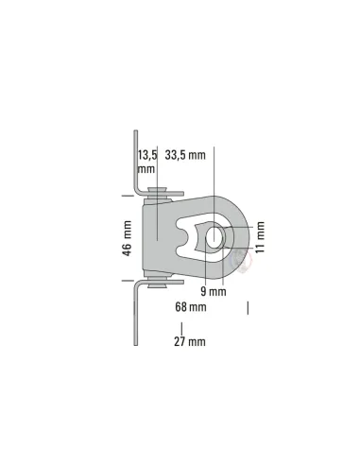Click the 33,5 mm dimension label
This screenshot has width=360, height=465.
point(185,155)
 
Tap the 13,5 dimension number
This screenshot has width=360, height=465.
point(147,155)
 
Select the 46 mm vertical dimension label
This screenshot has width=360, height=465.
point(127,238)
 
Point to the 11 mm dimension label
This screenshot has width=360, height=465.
point(260,237)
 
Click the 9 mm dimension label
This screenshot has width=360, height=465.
point(214,291)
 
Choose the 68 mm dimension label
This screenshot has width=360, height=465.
point(191,307)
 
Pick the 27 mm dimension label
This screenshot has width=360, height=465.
point(190,341)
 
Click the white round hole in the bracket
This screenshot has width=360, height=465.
point(214,236)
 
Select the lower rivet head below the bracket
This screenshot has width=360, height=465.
point(158,285)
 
